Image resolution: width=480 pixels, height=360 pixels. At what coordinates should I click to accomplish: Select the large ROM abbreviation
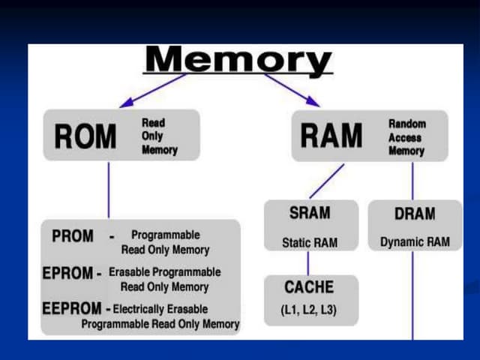point(85,136)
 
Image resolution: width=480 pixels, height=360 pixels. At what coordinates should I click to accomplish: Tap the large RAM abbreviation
point(331,136)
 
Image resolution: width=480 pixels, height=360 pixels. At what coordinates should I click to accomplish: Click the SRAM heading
point(310,214)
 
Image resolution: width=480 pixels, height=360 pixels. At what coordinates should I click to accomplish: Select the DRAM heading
point(415,214)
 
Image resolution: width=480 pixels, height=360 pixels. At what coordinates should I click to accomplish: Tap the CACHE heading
point(310,287)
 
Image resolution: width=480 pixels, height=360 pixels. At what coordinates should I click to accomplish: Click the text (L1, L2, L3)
point(310,308)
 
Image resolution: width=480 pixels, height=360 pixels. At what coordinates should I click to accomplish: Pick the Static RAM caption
point(310,243)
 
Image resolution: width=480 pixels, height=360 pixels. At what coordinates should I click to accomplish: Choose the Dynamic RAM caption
point(415,243)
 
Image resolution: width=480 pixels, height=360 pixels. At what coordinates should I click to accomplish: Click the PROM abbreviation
point(73,236)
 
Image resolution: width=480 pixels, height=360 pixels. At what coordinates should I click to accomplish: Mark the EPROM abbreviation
point(67,273)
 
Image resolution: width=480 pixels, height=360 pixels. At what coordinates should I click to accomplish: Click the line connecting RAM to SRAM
point(327,180)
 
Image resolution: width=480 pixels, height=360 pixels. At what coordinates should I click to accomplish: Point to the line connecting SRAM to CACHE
point(308,263)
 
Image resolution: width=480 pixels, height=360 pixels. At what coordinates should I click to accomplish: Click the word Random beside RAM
point(406,124)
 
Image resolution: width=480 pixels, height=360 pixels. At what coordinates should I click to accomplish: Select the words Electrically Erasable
point(160,309)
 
